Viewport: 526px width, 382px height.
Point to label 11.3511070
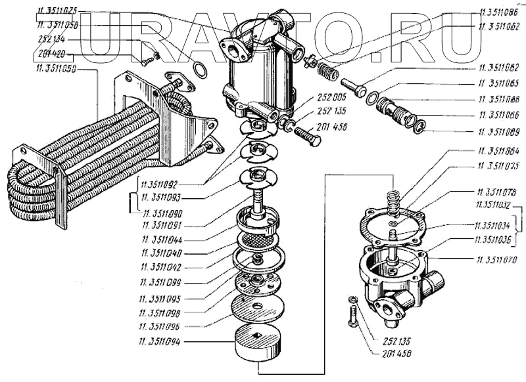tap(496, 261)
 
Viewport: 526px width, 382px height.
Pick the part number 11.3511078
tap(496, 191)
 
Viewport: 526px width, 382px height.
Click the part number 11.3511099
tap(161, 283)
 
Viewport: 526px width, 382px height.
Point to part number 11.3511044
tap(161, 240)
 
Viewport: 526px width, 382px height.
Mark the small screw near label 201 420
tap(148, 60)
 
